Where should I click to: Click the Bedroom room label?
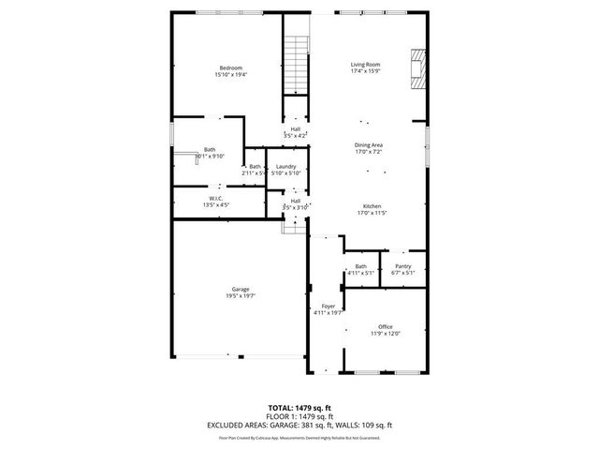pos(231,67)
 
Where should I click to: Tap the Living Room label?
pos(365,64)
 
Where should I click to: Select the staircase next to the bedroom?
pos(297,65)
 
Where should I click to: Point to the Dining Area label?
pos(368,144)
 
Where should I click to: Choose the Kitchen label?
pos(372,206)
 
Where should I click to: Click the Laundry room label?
pos(285,167)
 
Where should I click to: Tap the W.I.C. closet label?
pos(215,198)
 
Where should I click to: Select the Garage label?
pos(241,289)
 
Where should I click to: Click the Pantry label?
pos(403,266)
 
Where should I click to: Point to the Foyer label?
pos(329,307)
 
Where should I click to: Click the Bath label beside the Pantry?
pos(360,266)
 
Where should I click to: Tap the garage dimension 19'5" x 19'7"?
pos(241,296)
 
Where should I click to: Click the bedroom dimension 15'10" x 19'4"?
pos(231,75)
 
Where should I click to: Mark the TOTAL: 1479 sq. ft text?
pos(299,408)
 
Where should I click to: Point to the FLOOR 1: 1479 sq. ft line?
pos(299,415)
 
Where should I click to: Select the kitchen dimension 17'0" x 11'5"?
pos(372,214)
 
